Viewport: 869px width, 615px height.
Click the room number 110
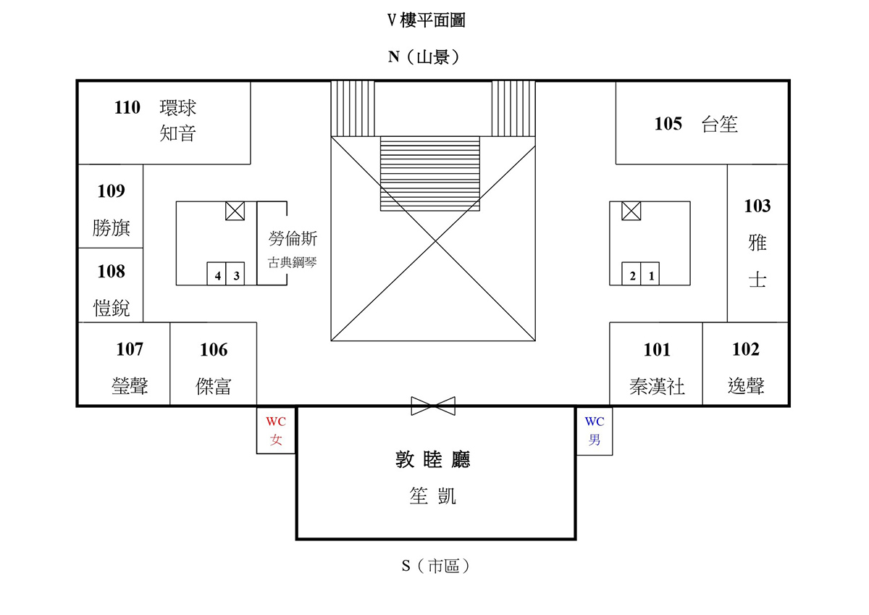coord(127,107)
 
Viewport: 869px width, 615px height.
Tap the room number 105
coord(668,124)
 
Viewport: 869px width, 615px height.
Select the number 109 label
coord(112,191)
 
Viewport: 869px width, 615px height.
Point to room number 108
coord(112,271)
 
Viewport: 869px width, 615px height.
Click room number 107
coord(130,349)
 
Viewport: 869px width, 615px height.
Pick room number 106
coord(214,350)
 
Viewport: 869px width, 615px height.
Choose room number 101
coord(657,350)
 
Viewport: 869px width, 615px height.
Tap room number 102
coord(746,349)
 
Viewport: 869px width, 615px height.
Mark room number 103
coord(757,206)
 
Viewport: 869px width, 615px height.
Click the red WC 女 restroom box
coord(276,430)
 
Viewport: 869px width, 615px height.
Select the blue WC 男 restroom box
coord(595,431)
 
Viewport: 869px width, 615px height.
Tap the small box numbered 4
coord(217,274)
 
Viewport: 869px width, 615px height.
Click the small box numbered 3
coord(235,274)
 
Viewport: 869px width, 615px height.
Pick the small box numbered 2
coord(631,274)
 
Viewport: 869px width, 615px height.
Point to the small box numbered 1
coord(650,274)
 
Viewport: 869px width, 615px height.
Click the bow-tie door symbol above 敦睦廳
coord(433,406)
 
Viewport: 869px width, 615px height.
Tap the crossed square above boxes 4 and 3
coord(235,211)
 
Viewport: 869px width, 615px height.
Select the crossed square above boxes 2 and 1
coord(631,211)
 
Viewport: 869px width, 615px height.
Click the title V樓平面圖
coord(426,20)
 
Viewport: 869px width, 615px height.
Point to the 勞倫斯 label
coord(293,238)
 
